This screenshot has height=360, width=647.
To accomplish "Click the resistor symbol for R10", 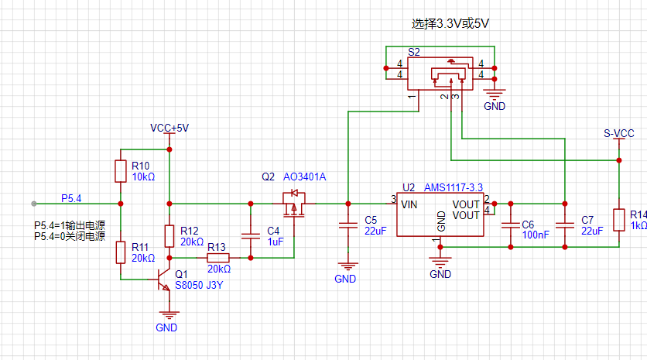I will coord(121,171).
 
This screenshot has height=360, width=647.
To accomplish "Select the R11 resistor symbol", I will coord(121,252).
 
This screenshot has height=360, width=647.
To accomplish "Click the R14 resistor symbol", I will coord(619,220).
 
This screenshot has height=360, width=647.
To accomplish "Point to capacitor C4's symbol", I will coord(250,235).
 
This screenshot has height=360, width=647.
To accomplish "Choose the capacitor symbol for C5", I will coord(348,225).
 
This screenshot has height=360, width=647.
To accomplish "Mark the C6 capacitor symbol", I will coord(510,225).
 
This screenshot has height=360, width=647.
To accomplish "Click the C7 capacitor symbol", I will coord(565,225).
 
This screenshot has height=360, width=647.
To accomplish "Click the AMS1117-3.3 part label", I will coord(454,187).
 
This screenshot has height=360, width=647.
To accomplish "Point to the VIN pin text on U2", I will coord(410,204).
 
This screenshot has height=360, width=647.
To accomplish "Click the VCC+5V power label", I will coord(169,128).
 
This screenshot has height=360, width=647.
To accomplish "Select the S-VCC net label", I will coord(619,133).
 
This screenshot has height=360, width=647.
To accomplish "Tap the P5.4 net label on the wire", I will coord(71,198).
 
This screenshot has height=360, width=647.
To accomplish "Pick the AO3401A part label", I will coord(305,177).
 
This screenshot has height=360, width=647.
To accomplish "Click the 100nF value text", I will coord(536,234).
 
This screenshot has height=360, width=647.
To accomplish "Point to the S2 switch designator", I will coord(414,53).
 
